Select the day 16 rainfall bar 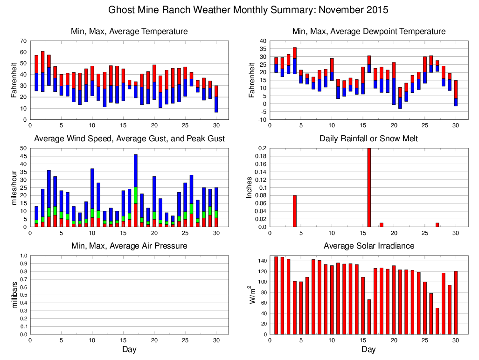(369, 187)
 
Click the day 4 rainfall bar (295, 211)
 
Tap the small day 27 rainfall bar (437, 225)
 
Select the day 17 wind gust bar (136, 187)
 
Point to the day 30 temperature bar (216, 99)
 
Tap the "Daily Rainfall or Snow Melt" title (368, 139)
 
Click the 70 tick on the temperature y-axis (24, 41)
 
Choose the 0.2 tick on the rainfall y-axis (262, 148)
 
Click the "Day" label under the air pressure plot (129, 349)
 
